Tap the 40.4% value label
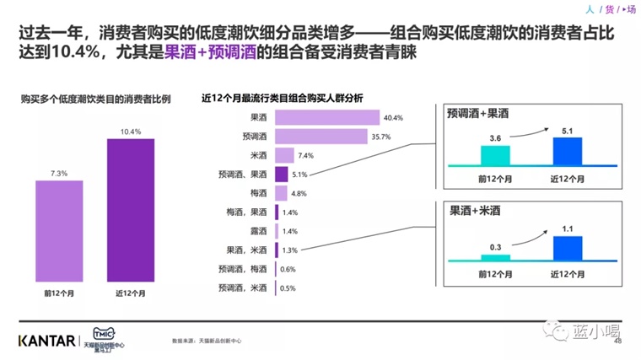(393, 118)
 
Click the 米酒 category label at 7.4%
(259, 155)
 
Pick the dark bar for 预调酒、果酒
(283, 174)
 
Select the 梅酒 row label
(259, 193)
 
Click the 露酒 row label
(259, 231)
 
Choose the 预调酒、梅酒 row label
(247, 269)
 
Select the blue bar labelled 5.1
(567, 150)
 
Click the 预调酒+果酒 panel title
(480, 112)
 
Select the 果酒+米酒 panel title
(474, 212)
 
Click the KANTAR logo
(43, 340)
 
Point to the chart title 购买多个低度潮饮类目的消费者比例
(95, 99)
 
